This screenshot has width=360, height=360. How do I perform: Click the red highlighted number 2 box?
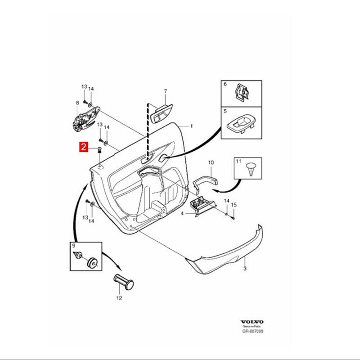(83, 147)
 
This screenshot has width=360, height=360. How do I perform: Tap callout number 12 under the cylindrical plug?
(119, 298)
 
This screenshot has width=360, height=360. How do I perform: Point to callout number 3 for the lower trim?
(245, 268)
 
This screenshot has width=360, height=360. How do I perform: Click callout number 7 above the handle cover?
(165, 92)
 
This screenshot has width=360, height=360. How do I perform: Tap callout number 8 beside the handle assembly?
(77, 103)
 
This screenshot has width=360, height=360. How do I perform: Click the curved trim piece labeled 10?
(205, 180)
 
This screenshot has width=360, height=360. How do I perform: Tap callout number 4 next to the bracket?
(182, 213)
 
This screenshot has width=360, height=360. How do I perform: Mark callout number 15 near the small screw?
(234, 205)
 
